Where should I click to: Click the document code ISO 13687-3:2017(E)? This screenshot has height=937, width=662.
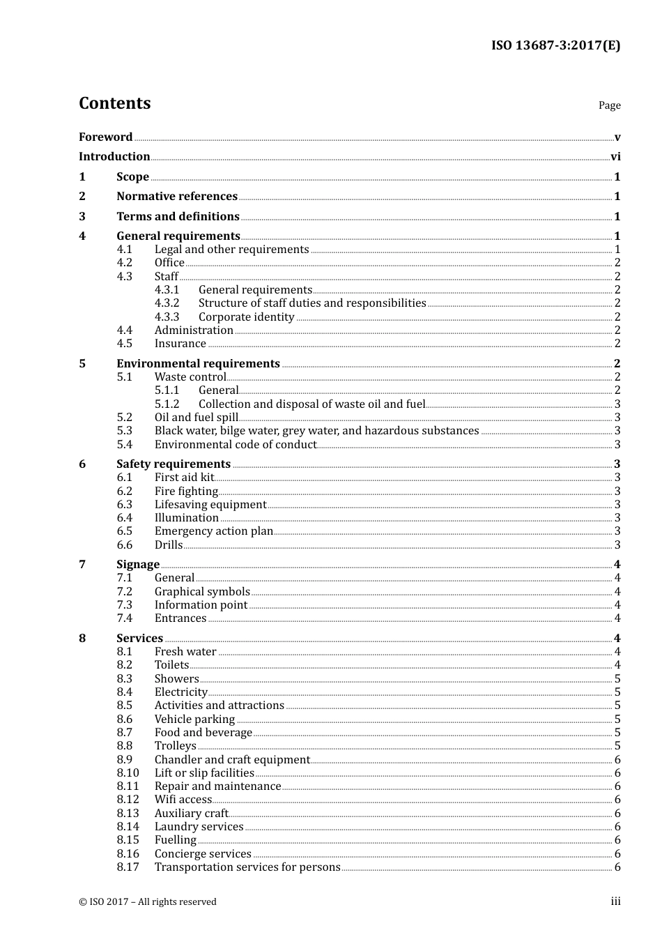click(555, 46)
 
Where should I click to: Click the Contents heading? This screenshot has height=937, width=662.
click(114, 103)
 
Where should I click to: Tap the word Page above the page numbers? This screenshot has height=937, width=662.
click(609, 105)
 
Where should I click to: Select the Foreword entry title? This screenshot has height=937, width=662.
click(105, 137)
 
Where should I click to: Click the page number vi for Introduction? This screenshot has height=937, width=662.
click(615, 157)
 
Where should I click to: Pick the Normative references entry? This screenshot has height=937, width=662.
click(177, 197)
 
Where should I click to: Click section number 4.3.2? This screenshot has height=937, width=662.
click(167, 303)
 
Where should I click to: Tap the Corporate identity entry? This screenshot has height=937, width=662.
click(246, 317)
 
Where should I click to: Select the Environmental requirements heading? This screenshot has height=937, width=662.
click(198, 364)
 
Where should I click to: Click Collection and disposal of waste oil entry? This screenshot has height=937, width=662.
click(311, 404)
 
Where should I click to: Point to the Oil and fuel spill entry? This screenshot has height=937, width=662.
click(196, 418)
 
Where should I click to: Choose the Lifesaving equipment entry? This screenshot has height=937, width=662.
click(210, 505)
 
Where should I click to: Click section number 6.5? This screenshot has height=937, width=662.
click(124, 531)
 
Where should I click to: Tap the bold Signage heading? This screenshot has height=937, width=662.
click(138, 565)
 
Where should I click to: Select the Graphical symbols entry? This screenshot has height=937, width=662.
click(202, 592)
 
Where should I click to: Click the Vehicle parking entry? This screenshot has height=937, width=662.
click(194, 719)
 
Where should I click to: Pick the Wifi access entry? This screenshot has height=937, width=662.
click(183, 800)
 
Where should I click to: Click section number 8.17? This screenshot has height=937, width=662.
click(128, 867)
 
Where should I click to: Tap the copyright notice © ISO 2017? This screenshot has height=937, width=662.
click(147, 902)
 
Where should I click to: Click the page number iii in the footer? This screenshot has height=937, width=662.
click(615, 902)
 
